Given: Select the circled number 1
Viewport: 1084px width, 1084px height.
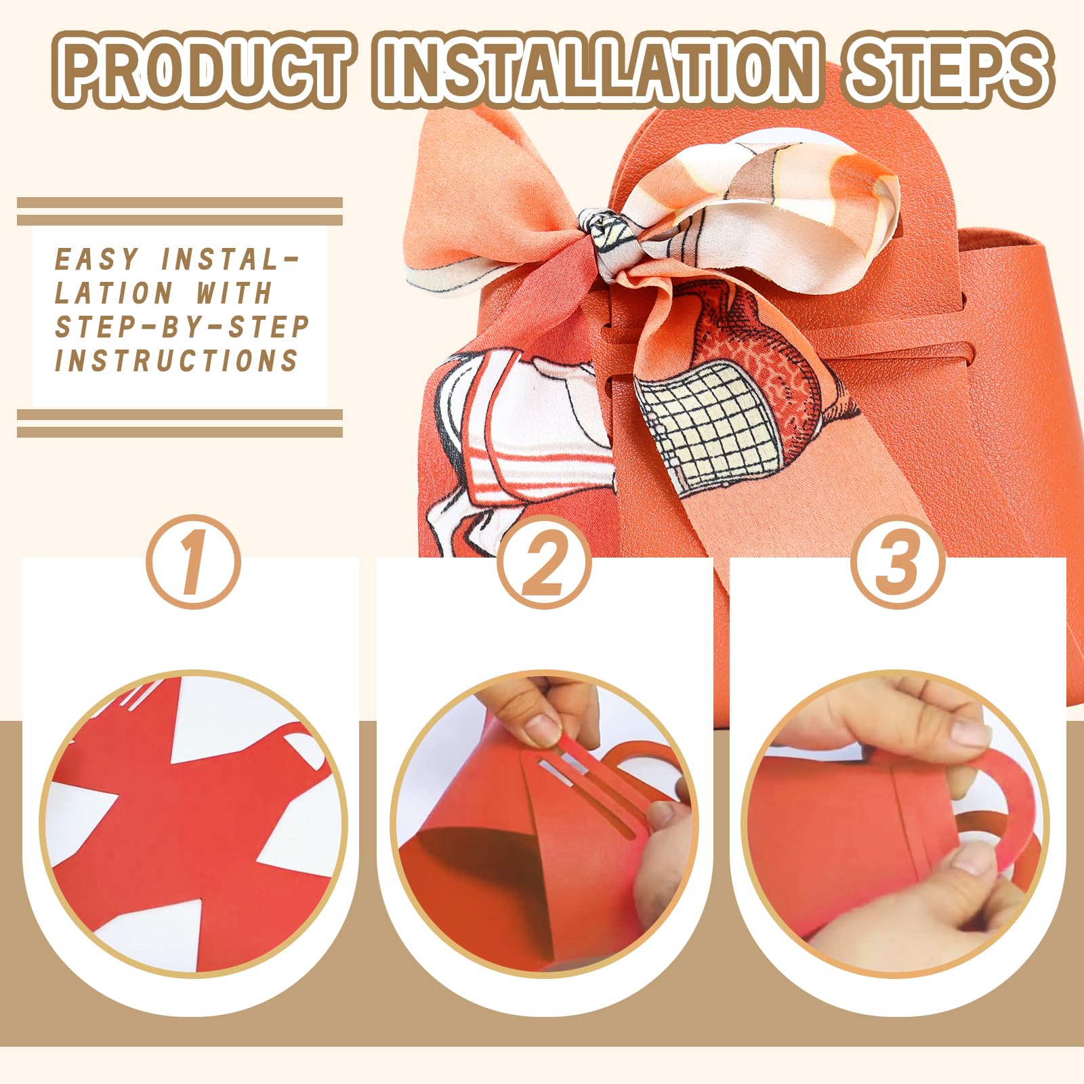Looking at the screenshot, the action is (x=193, y=562).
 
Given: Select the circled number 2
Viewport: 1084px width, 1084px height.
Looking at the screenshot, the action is (x=544, y=562).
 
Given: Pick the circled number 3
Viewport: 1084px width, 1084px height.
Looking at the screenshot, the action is (x=898, y=562).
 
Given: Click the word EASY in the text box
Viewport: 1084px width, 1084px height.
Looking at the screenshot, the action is (x=96, y=259).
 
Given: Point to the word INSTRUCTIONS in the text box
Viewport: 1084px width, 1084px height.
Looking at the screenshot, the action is (x=176, y=360).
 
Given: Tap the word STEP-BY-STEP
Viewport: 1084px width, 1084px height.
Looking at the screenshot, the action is (x=182, y=327).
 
